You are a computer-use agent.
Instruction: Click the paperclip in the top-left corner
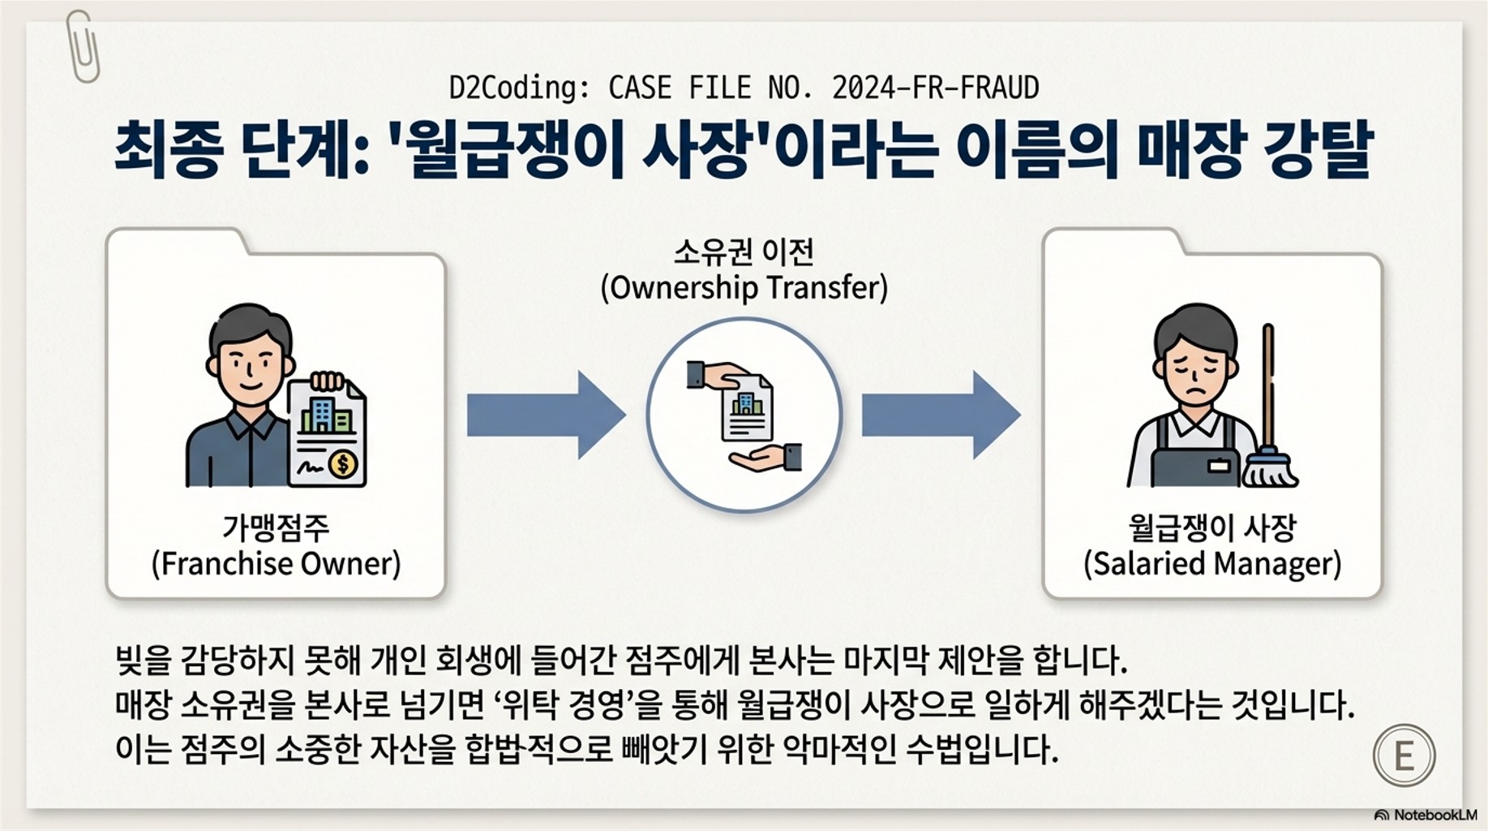(x=83, y=47)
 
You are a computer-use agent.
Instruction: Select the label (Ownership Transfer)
(x=744, y=288)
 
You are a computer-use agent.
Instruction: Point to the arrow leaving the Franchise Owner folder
(x=545, y=415)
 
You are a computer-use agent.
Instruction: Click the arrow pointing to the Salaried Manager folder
(x=940, y=415)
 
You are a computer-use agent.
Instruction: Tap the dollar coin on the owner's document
(x=344, y=464)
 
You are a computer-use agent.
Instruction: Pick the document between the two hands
(x=746, y=407)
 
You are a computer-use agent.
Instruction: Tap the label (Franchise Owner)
(x=276, y=564)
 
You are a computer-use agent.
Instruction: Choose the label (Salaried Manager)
(x=1212, y=564)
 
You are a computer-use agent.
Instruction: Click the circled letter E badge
(x=1404, y=756)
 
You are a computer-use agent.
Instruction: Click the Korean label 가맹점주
(x=276, y=528)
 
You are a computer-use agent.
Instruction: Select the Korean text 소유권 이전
(x=744, y=252)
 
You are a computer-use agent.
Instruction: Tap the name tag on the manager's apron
(x=1218, y=466)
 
